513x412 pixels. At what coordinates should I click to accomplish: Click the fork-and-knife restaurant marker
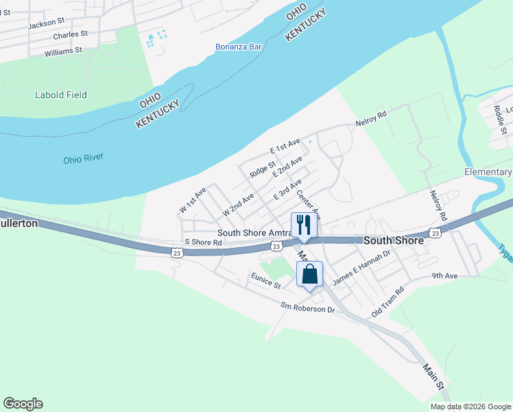coord(302,225)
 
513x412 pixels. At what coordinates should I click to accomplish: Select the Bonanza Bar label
coord(239,47)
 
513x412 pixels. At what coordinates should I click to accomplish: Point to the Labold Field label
coord(61,95)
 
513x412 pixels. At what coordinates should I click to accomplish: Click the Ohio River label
coord(83,158)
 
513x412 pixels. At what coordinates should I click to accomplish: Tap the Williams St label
coord(63,51)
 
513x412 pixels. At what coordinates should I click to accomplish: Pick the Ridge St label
coord(262,170)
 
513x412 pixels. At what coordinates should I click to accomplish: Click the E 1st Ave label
coord(285,146)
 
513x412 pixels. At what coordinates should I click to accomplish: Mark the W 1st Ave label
coord(193,199)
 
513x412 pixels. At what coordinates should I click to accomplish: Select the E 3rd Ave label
coord(287,190)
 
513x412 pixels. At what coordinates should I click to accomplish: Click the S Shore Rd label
coord(204,242)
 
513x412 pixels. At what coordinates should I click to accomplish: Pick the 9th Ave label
coord(444,276)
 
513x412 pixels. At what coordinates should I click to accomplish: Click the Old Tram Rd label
coord(388,301)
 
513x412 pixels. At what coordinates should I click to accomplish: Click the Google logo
coord(23,404)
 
